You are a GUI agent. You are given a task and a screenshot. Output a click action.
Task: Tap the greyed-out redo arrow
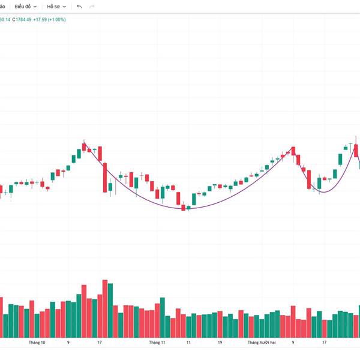[92, 6]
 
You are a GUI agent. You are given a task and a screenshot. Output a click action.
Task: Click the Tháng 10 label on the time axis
[37, 343]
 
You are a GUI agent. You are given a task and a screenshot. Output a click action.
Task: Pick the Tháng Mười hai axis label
[262, 343]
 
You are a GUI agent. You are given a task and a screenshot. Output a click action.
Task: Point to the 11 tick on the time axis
[188, 343]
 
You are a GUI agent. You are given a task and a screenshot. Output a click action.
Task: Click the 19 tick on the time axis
[220, 343]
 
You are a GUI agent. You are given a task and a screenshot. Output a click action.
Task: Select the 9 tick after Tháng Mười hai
[293, 343]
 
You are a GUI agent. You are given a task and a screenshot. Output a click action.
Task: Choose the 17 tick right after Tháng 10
[100, 343]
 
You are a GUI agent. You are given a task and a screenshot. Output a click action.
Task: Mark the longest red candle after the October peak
[104, 176]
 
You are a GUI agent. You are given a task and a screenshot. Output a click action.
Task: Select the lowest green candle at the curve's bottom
[188, 208]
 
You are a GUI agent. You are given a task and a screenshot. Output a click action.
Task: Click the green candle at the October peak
[84, 146]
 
